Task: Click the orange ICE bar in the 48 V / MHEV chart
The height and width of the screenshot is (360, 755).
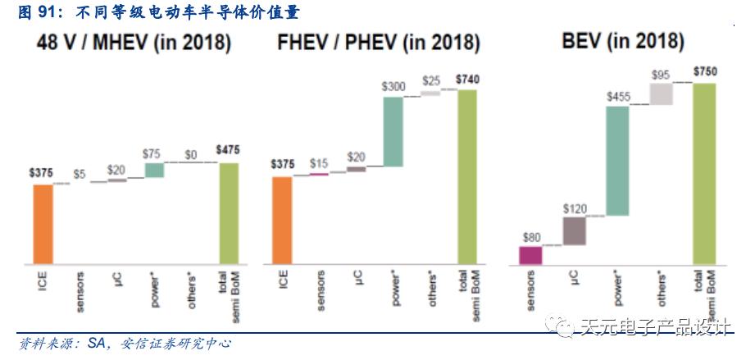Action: (43, 224)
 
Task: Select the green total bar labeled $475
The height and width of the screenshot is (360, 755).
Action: (229, 213)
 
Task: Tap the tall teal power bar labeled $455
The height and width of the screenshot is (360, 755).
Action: (617, 161)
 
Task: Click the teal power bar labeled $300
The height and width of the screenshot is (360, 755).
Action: (393, 131)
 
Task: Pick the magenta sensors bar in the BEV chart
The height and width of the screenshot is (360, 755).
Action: (530, 255)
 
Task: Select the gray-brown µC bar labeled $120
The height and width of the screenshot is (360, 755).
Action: (574, 230)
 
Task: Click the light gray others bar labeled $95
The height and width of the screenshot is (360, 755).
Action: (661, 93)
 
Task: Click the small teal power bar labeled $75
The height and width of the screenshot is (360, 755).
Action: (154, 170)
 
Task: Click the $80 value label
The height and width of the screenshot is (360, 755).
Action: (530, 237)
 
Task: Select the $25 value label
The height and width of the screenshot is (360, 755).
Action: (431, 80)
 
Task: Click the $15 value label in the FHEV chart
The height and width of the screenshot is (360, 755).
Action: (319, 164)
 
